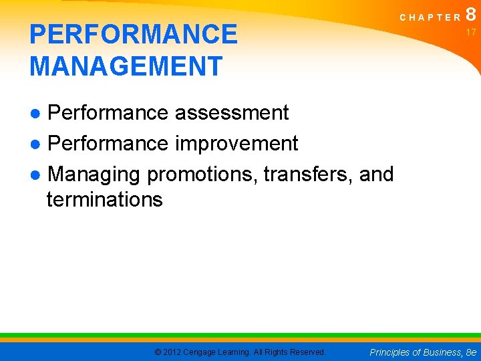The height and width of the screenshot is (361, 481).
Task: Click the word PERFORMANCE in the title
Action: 134,34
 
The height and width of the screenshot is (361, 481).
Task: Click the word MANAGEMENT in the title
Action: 126,66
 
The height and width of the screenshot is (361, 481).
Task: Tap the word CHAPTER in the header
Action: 430,17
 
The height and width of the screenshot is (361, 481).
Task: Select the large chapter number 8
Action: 472,14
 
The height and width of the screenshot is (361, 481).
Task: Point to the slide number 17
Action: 471,32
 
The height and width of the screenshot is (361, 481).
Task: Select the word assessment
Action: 232,113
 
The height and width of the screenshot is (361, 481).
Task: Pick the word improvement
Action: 236,143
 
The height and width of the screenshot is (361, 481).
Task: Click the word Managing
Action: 94,174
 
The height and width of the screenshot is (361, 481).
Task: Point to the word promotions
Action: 202,174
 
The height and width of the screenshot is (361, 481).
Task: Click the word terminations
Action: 105,199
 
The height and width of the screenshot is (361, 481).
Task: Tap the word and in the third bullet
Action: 377,174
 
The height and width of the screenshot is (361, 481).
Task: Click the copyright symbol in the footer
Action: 157,352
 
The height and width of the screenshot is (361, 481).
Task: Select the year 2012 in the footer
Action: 172,352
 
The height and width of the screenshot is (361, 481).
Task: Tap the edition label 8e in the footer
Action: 471,352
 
